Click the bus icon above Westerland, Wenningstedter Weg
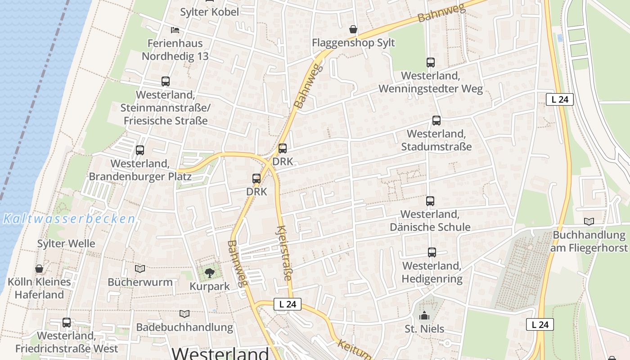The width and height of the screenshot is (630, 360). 431,63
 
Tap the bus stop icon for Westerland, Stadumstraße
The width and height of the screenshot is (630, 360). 436,121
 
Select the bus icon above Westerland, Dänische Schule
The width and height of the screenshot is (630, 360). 430,201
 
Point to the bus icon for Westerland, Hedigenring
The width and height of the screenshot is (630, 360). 432,252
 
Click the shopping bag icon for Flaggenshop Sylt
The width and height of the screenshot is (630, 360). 354,30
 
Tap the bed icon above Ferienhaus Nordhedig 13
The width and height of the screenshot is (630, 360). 175,30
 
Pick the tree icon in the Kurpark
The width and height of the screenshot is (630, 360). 209,272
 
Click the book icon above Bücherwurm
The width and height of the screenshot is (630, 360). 140,269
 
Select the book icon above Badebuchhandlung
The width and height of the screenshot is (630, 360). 184,314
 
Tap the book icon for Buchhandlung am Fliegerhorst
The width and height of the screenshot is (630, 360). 589,221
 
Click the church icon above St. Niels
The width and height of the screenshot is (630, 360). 424,316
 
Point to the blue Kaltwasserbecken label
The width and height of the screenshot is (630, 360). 69,219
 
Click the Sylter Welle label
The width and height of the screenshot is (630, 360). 66,244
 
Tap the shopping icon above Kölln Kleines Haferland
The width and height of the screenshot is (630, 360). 39,269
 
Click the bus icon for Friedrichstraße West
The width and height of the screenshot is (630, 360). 67,322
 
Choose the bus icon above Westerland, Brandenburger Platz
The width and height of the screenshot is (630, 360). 140,150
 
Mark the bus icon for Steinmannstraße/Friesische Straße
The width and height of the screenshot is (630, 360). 166,81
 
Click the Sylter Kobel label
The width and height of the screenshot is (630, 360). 210,12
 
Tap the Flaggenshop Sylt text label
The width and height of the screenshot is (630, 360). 354,43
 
